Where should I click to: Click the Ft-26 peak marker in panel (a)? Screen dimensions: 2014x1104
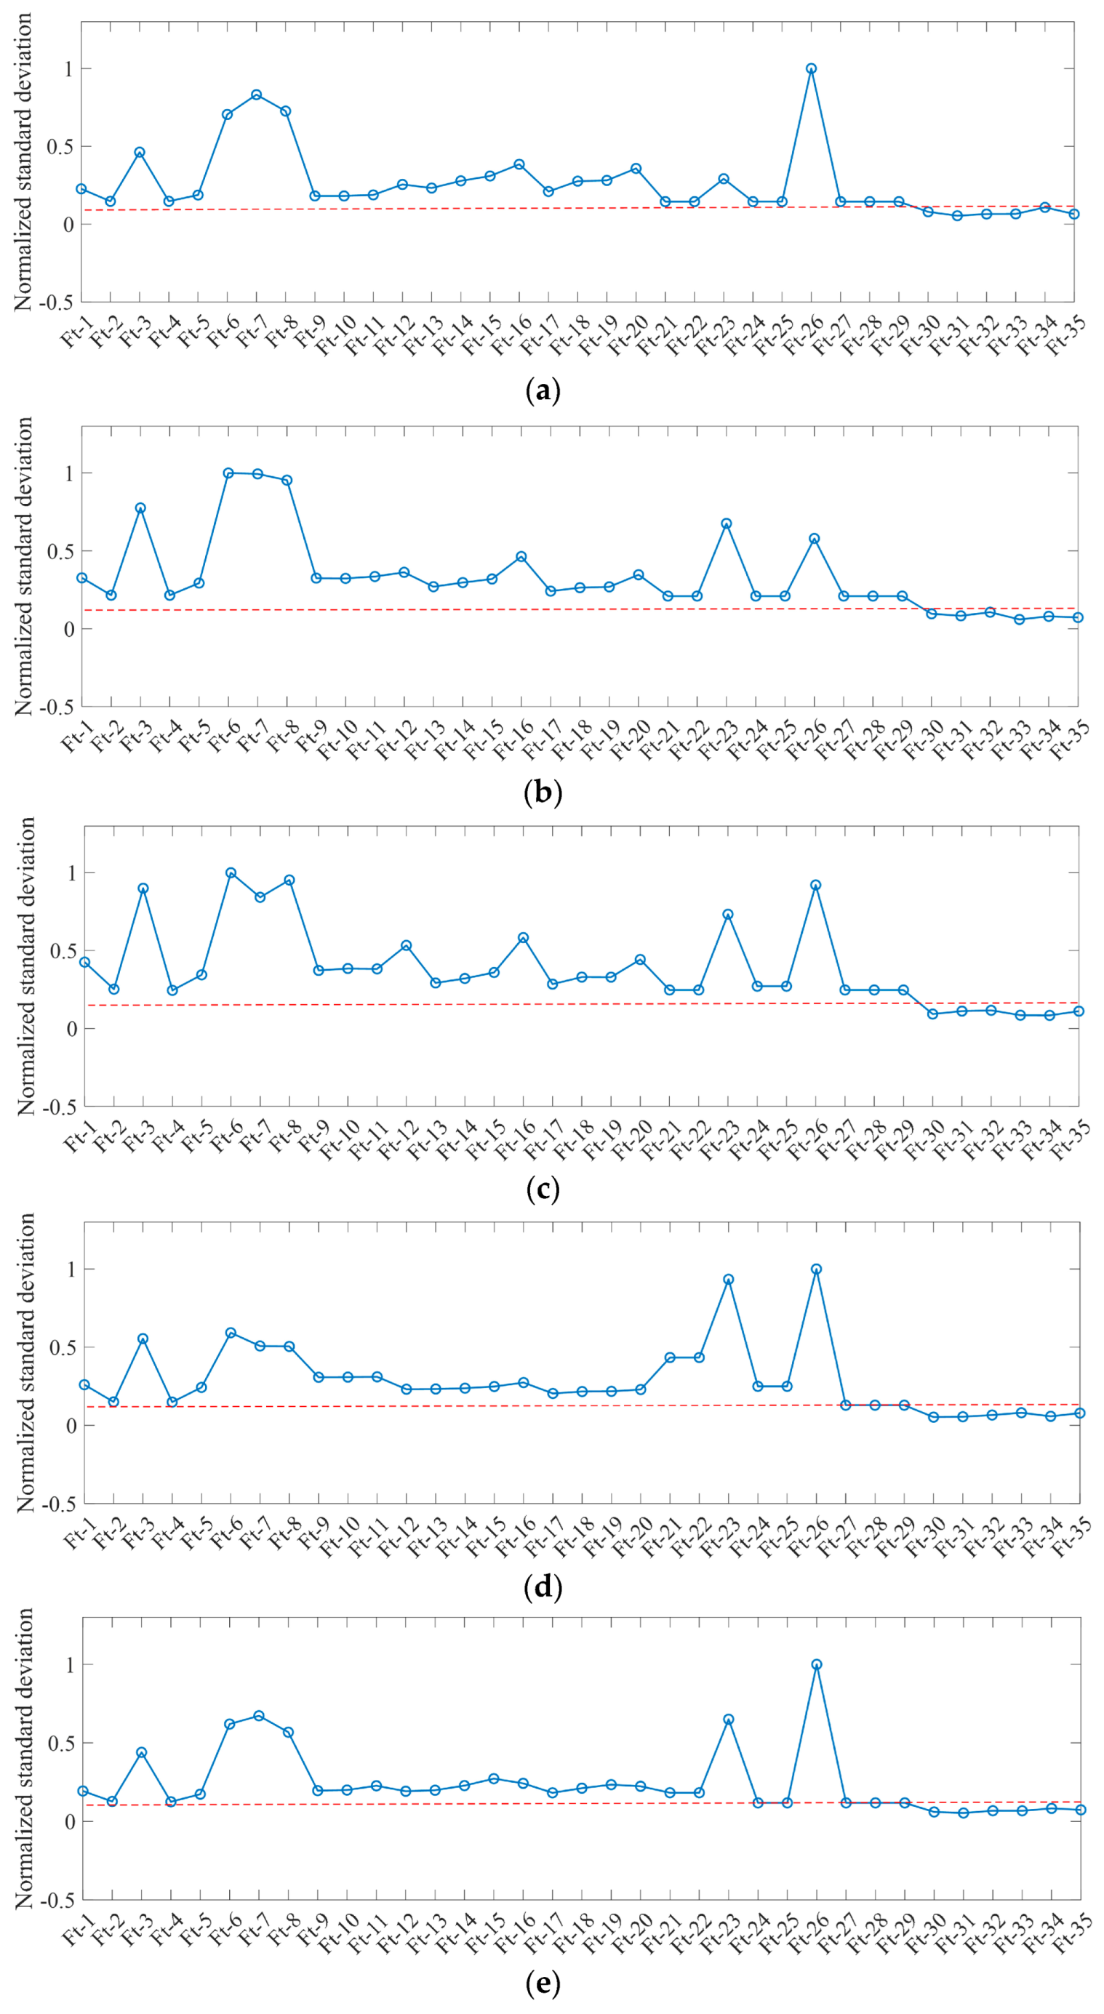tap(811, 69)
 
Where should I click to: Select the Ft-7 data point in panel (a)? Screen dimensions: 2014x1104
tap(257, 95)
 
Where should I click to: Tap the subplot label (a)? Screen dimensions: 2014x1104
tap(543, 390)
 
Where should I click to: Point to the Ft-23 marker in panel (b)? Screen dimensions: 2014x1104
tap(727, 523)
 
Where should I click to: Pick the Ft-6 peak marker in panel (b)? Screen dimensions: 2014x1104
tap(228, 473)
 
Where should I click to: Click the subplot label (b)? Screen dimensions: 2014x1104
tap(543, 793)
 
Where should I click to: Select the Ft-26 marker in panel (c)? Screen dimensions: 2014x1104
tap(815, 885)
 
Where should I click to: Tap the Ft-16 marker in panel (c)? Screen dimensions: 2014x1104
tap(523, 937)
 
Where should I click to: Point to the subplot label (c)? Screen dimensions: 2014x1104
tap(543, 1190)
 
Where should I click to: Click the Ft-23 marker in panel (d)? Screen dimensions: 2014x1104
tap(729, 1280)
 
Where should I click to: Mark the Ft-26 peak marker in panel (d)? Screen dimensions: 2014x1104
tap(816, 1269)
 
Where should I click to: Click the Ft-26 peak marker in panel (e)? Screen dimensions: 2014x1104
tap(816, 1665)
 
